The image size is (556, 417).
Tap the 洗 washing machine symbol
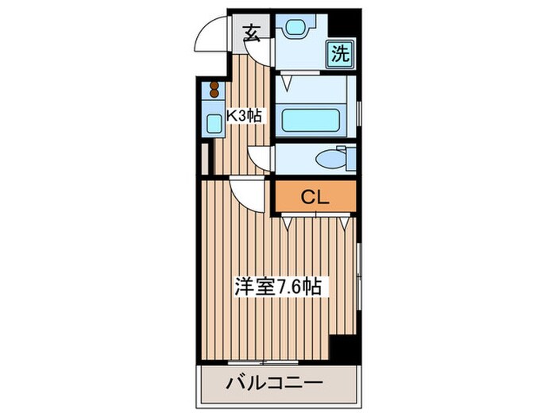pos(339,55)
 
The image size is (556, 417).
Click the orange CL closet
pos(315,198)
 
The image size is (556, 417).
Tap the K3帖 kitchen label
pos(243,116)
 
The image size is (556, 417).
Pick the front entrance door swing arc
pos(211,35)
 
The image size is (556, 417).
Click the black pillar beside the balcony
pos(343,348)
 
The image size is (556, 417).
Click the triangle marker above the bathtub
pos(292,80)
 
